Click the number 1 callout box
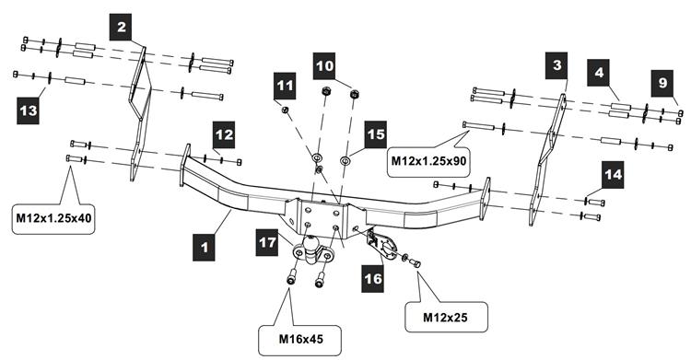(204, 247)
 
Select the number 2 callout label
(121, 27)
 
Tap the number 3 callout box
(556, 65)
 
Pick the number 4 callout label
(598, 72)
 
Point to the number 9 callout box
(662, 83)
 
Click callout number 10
(324, 66)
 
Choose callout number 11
(285, 85)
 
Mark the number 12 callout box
(224, 134)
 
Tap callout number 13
(29, 110)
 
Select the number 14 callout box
(613, 175)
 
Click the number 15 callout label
(376, 134)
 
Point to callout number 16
(373, 279)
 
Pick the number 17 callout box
(266, 242)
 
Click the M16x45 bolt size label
(300, 340)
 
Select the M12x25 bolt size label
(446, 318)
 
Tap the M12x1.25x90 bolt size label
(428, 161)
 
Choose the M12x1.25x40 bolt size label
(54, 217)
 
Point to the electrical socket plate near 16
(383, 245)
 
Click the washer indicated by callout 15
(345, 158)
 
